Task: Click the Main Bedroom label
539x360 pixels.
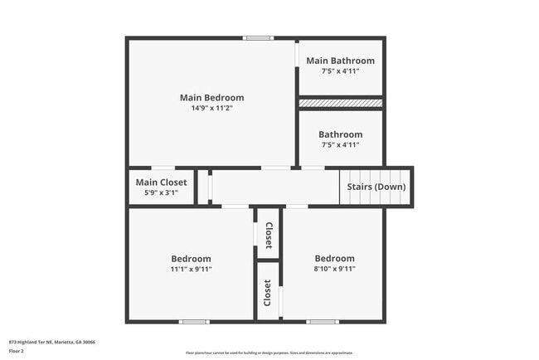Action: (211, 97)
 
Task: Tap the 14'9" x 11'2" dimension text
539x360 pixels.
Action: (211, 109)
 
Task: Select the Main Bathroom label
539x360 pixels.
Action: (340, 61)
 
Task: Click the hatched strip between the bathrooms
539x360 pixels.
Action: (340, 103)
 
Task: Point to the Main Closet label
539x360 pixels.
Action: (161, 182)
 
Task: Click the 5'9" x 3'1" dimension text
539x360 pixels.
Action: (161, 193)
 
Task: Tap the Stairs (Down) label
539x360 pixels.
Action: (376, 187)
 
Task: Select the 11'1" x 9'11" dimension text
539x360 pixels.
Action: (191, 270)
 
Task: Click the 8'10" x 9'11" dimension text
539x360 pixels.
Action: (334, 270)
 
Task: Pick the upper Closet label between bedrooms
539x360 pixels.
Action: (268, 235)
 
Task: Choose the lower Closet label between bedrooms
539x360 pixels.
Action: (268, 292)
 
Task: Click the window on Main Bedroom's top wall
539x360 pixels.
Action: (258, 37)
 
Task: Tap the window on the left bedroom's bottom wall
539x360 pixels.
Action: (194, 321)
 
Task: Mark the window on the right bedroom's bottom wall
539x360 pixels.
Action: (322, 321)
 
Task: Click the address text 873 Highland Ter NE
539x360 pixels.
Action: (51, 342)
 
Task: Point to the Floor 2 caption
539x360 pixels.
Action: (17, 351)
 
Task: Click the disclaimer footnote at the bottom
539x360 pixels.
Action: (269, 353)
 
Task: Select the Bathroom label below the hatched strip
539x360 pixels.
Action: (340, 134)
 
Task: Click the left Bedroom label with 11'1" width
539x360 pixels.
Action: (191, 258)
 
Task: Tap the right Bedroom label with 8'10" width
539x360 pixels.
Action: (334, 258)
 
